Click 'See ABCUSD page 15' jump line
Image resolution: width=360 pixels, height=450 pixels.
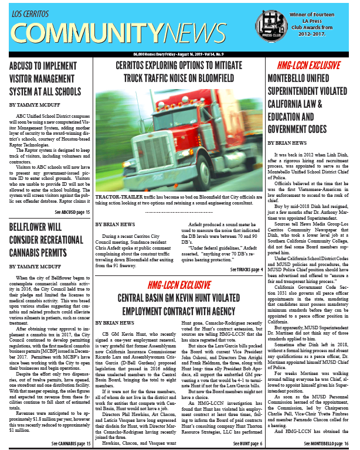tap(72, 212)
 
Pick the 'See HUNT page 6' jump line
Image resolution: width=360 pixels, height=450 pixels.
tap(247, 444)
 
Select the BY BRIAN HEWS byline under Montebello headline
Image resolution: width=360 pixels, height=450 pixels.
tap(287, 142)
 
